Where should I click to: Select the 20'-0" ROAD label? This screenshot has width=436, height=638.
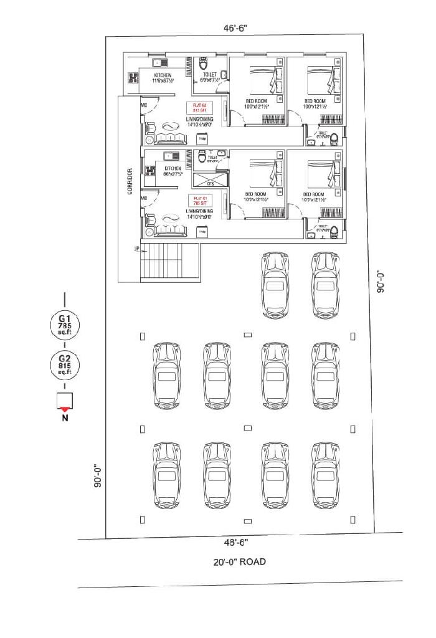point(239,562)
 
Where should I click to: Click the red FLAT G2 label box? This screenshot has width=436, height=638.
point(199,107)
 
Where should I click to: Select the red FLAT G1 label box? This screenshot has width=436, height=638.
point(199,201)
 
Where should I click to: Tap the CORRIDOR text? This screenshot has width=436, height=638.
point(130,181)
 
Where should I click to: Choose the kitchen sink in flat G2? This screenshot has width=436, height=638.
point(160,62)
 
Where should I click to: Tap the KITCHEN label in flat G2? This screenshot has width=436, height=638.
point(163,75)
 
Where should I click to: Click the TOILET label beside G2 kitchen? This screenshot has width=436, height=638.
point(209,75)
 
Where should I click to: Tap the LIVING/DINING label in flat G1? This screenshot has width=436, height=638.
point(199,212)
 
